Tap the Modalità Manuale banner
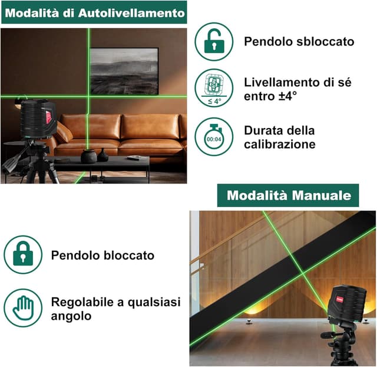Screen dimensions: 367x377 288,195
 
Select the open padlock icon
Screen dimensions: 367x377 214,41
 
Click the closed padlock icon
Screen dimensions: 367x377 23,255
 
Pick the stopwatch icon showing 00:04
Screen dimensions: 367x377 214,137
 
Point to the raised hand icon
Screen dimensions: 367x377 23,307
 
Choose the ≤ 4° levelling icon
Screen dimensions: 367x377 214,89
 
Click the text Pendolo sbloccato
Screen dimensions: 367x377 299,41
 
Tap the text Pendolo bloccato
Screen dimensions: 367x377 102,255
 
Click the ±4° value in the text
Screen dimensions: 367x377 291,96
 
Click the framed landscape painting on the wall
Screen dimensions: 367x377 124,71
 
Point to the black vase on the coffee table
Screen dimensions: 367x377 89,155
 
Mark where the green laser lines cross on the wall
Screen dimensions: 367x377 90,96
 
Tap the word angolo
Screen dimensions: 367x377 71,316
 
